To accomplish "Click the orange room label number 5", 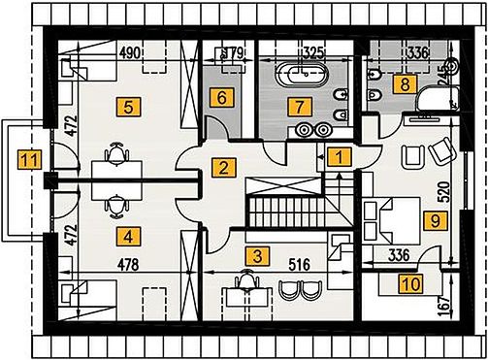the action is [128, 107].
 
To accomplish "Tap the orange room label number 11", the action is [30, 159].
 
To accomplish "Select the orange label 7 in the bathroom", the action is [300, 106].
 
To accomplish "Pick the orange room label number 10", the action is [410, 283].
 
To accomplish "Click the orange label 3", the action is [257, 256].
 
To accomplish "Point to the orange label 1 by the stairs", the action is [339, 157].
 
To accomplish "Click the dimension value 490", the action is [130, 52].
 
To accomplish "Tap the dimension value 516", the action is [299, 265].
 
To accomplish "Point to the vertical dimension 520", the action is [445, 192].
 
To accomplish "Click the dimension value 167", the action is [445, 303].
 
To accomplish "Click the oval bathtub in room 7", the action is [302, 75].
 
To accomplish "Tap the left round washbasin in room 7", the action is [304, 130].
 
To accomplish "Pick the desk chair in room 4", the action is [116, 206].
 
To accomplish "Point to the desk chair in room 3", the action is [247, 278].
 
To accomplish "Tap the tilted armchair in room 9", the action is [442, 150].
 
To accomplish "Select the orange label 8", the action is [405, 84].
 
